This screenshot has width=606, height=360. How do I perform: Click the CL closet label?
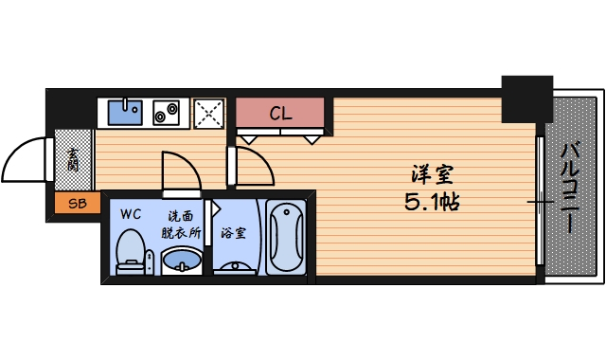pos(280,114)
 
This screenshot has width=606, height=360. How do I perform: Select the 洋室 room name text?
pos(432,174)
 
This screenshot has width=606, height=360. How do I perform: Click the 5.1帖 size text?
pos(432,201)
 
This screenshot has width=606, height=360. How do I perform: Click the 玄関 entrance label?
pos(73,160)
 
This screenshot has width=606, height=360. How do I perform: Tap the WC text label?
pos(130,213)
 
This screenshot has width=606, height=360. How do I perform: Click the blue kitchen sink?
pos(125,113)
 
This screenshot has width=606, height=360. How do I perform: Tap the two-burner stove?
pos(168,113)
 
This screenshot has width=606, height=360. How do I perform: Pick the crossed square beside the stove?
pos(209,114)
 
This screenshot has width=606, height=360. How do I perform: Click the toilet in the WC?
pos(131,251)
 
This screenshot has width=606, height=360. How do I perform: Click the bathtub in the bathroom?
pos(286,237)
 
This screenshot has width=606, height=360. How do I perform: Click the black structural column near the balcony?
pos(526,98)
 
